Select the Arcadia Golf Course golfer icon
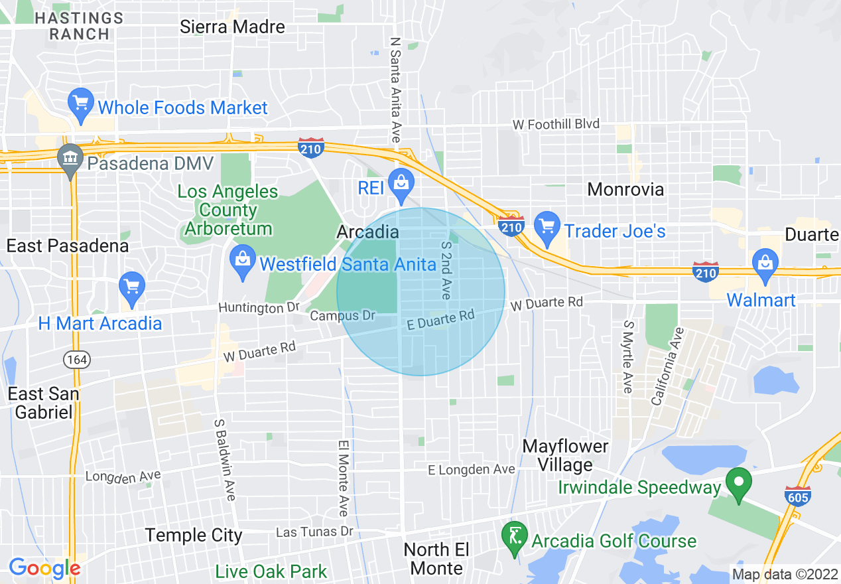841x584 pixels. pyautogui.click(x=514, y=536)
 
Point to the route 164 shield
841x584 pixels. pyautogui.click(x=78, y=359)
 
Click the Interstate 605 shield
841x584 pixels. pyautogui.click(x=797, y=496)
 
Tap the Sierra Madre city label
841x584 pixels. pyautogui.click(x=232, y=27)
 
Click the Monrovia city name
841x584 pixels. pyautogui.click(x=625, y=189)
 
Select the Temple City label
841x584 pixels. pyautogui.click(x=194, y=535)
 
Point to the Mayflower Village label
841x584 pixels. pyautogui.click(x=565, y=455)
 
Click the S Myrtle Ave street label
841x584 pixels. pyautogui.click(x=627, y=356)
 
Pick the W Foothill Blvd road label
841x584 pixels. pyautogui.click(x=556, y=124)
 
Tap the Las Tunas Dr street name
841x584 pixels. pyautogui.click(x=314, y=532)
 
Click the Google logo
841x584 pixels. pyautogui.click(x=44, y=568)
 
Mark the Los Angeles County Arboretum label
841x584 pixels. pyautogui.click(x=228, y=210)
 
